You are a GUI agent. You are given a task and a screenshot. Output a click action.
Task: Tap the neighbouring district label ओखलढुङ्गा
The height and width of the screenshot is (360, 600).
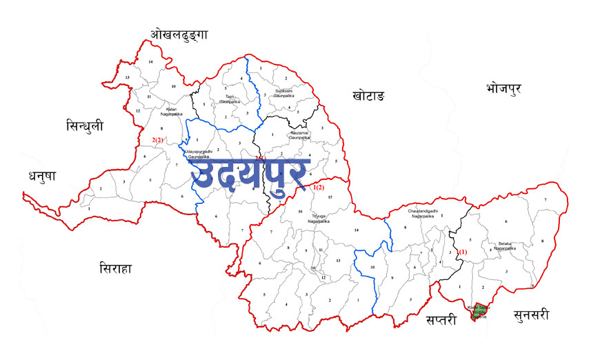[x=179, y=34]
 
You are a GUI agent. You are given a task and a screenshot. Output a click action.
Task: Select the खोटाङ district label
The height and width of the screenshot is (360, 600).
[x=368, y=95]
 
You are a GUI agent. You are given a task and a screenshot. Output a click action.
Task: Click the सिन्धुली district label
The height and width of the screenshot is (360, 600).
[x=85, y=126]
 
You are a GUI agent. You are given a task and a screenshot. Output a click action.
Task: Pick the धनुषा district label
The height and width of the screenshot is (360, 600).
[x=42, y=176]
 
